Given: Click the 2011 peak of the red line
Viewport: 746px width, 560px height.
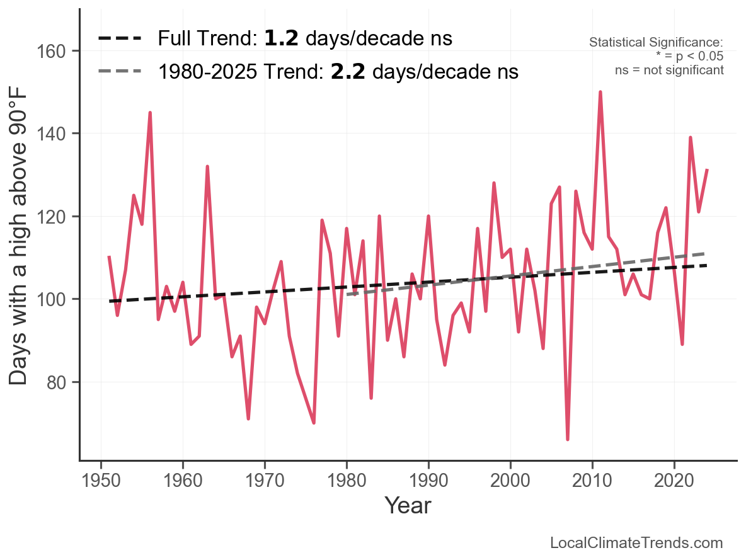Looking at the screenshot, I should [x=600, y=92].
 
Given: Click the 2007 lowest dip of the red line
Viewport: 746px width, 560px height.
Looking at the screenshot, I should [x=568, y=439].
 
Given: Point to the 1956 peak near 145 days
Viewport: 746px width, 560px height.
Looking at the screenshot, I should [x=150, y=113].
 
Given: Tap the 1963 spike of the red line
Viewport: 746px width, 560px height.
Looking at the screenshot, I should [x=207, y=166].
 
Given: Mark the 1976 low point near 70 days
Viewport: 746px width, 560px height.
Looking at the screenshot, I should [x=314, y=423].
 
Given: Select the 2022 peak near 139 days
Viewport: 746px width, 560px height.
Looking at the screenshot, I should [x=691, y=137].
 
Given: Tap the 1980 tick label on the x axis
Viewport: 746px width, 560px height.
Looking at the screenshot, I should [x=347, y=481].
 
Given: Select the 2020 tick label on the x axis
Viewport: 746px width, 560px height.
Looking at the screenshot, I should [x=674, y=481].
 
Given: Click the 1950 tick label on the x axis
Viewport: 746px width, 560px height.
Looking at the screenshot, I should [x=101, y=481].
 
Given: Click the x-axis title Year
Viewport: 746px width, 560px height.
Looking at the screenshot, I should [x=408, y=505].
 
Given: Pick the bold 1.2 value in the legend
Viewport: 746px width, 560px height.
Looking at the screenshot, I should [x=282, y=38].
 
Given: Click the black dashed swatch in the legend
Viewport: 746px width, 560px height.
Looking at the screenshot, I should [x=120, y=39].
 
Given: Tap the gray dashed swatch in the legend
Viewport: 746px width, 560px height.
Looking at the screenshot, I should [x=120, y=72].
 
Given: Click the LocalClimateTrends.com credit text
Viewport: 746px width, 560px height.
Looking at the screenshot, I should [x=636, y=543].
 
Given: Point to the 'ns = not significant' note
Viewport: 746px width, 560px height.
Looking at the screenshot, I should [x=669, y=70].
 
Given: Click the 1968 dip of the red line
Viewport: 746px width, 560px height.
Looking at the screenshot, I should [x=248, y=418].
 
